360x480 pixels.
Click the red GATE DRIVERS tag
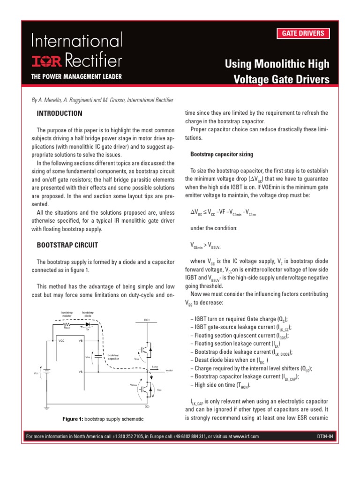pos(302,33)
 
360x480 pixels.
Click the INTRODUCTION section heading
pos(60,113)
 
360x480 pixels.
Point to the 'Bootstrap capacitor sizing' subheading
pos(221,154)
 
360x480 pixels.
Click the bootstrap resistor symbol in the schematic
pos(66,324)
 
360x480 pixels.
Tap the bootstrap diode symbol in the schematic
pos(88,324)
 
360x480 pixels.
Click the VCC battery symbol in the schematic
pos(45,373)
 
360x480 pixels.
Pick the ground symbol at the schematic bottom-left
pos(45,407)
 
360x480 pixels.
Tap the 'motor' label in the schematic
pos(169,370)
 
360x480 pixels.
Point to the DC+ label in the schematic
pos(147,321)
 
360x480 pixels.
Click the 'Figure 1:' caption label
pos(73,419)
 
